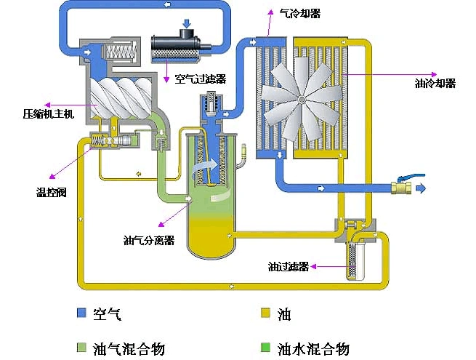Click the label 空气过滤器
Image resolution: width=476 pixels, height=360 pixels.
coord(200,79)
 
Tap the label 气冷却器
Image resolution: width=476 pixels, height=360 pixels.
coord(300,13)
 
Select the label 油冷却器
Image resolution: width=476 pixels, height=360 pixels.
coord(434,84)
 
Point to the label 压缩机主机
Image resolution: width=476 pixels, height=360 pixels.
coord(48,114)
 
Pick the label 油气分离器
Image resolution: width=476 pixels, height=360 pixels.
coord(148,240)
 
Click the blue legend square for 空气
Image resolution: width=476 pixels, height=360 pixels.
coord(81,313)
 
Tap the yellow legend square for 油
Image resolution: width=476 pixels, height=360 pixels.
coord(266,313)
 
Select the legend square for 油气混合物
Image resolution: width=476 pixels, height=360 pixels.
coord(81,347)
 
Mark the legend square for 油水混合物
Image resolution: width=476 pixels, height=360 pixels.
coord(266,347)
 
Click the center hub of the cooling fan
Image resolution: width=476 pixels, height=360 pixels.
coord(300,98)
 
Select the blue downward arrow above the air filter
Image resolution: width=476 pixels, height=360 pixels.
coord(187,24)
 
